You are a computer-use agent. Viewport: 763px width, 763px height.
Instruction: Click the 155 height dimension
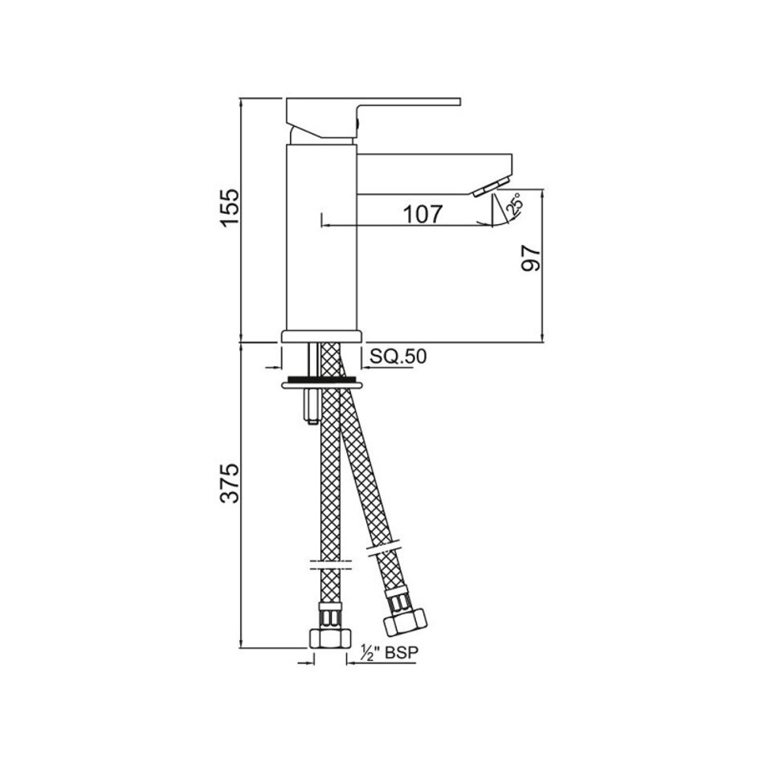(x=229, y=206)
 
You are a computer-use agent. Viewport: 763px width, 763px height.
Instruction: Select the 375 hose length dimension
(x=229, y=483)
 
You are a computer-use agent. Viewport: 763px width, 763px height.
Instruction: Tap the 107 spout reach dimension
(x=423, y=214)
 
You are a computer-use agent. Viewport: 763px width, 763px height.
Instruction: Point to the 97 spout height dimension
(x=530, y=258)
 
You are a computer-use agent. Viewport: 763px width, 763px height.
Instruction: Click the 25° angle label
(x=514, y=203)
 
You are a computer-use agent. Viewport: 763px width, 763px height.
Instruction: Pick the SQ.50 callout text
(x=398, y=356)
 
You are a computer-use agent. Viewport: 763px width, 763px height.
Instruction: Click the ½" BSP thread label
(x=389, y=652)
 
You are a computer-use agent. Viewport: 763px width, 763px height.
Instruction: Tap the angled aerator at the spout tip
(x=490, y=187)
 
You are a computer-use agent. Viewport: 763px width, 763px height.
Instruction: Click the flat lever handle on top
(x=372, y=116)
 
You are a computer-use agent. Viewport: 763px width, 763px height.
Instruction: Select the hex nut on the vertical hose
(x=330, y=638)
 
